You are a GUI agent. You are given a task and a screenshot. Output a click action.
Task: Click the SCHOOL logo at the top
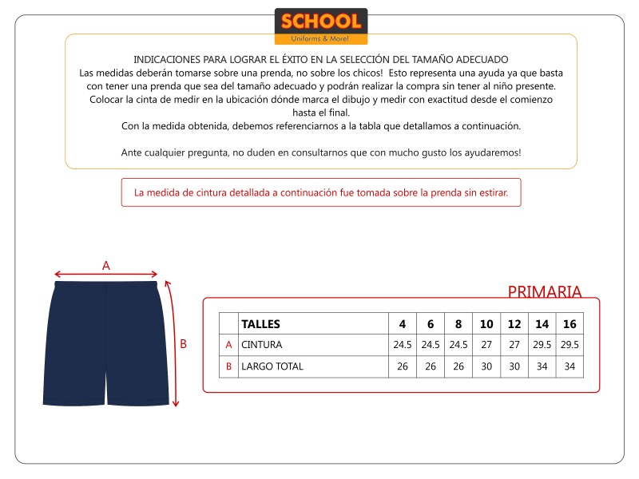(320, 26)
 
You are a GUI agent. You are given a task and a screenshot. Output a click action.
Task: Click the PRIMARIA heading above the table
(545, 291)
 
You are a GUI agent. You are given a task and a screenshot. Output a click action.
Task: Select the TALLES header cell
(260, 324)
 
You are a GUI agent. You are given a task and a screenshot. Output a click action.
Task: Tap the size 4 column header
(403, 324)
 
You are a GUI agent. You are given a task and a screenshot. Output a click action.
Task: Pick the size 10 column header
(486, 324)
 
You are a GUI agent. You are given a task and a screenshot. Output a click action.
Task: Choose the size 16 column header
(570, 324)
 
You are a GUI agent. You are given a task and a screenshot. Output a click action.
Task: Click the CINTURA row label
(262, 345)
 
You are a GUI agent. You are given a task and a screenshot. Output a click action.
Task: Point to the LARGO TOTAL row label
(272, 366)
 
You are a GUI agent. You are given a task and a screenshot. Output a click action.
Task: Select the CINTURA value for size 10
(486, 345)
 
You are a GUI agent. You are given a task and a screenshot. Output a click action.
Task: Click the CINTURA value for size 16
(570, 345)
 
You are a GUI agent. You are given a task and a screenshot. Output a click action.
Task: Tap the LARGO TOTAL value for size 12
(514, 366)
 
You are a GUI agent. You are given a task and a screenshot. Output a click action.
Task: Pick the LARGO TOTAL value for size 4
(403, 366)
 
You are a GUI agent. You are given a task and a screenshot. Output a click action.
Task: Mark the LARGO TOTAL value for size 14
(542, 366)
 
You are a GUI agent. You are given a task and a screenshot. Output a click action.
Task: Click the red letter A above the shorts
(106, 266)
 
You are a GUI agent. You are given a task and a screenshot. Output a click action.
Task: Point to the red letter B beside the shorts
(183, 344)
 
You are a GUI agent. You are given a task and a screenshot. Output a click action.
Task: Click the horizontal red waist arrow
(106, 275)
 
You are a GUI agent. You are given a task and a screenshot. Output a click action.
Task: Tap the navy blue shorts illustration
(106, 343)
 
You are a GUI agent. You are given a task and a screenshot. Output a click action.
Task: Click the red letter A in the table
(229, 345)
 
